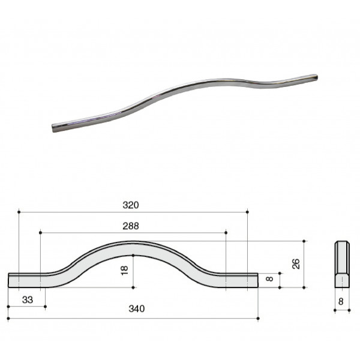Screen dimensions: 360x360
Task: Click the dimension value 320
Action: tap(131, 205)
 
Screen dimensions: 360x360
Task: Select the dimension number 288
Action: tap(131, 226)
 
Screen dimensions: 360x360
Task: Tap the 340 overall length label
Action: tap(137, 309)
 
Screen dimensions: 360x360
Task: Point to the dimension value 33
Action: tap(28, 299)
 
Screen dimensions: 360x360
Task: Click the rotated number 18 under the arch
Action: tap(124, 270)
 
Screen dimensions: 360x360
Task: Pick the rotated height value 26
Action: tap(296, 263)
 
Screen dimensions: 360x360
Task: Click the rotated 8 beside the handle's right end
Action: tap(269, 279)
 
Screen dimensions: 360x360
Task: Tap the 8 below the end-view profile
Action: tap(341, 301)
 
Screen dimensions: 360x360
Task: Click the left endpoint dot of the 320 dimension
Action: tap(19, 212)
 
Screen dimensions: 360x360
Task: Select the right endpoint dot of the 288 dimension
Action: tap(226, 233)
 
